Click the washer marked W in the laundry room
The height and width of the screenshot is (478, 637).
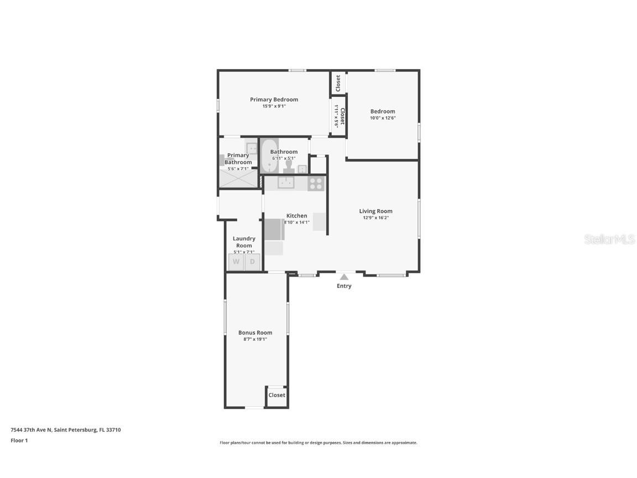[236, 262]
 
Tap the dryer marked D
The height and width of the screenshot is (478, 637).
[253, 262]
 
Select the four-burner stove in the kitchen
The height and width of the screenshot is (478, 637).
[316, 183]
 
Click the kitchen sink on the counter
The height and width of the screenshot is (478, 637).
[286, 183]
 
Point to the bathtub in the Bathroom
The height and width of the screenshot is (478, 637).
[269, 157]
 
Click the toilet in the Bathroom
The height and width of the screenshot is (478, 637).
[289, 167]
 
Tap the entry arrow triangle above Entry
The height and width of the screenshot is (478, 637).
[344, 277]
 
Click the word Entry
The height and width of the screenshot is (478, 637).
[344, 286]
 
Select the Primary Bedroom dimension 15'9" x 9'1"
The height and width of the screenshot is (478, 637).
[274, 106]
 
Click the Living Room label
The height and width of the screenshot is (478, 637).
[375, 211]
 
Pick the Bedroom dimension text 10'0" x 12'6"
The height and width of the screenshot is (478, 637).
[383, 118]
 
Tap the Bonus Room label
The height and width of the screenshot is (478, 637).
[255, 332]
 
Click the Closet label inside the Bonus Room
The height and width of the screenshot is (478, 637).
[276, 395]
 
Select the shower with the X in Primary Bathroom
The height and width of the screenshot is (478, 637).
[239, 179]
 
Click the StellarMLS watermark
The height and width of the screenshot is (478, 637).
[609, 239]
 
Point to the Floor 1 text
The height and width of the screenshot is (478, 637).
[19, 440]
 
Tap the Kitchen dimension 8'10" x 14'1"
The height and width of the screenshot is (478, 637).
[297, 222]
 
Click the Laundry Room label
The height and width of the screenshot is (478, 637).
[244, 242]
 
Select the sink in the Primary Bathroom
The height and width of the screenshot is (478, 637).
[252, 148]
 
